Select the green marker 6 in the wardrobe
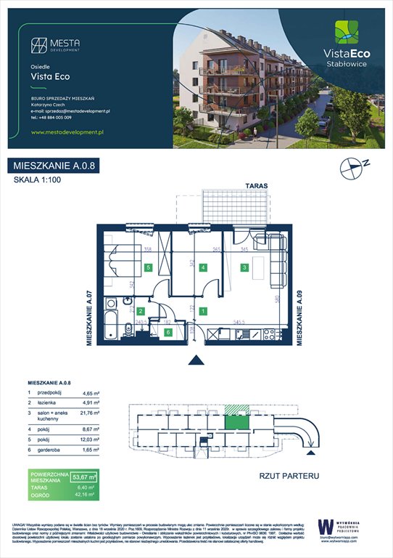168,333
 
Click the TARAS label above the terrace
256,187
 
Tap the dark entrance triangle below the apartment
194,360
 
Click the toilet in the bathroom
110,304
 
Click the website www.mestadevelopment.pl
69,132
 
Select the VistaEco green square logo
346,33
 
